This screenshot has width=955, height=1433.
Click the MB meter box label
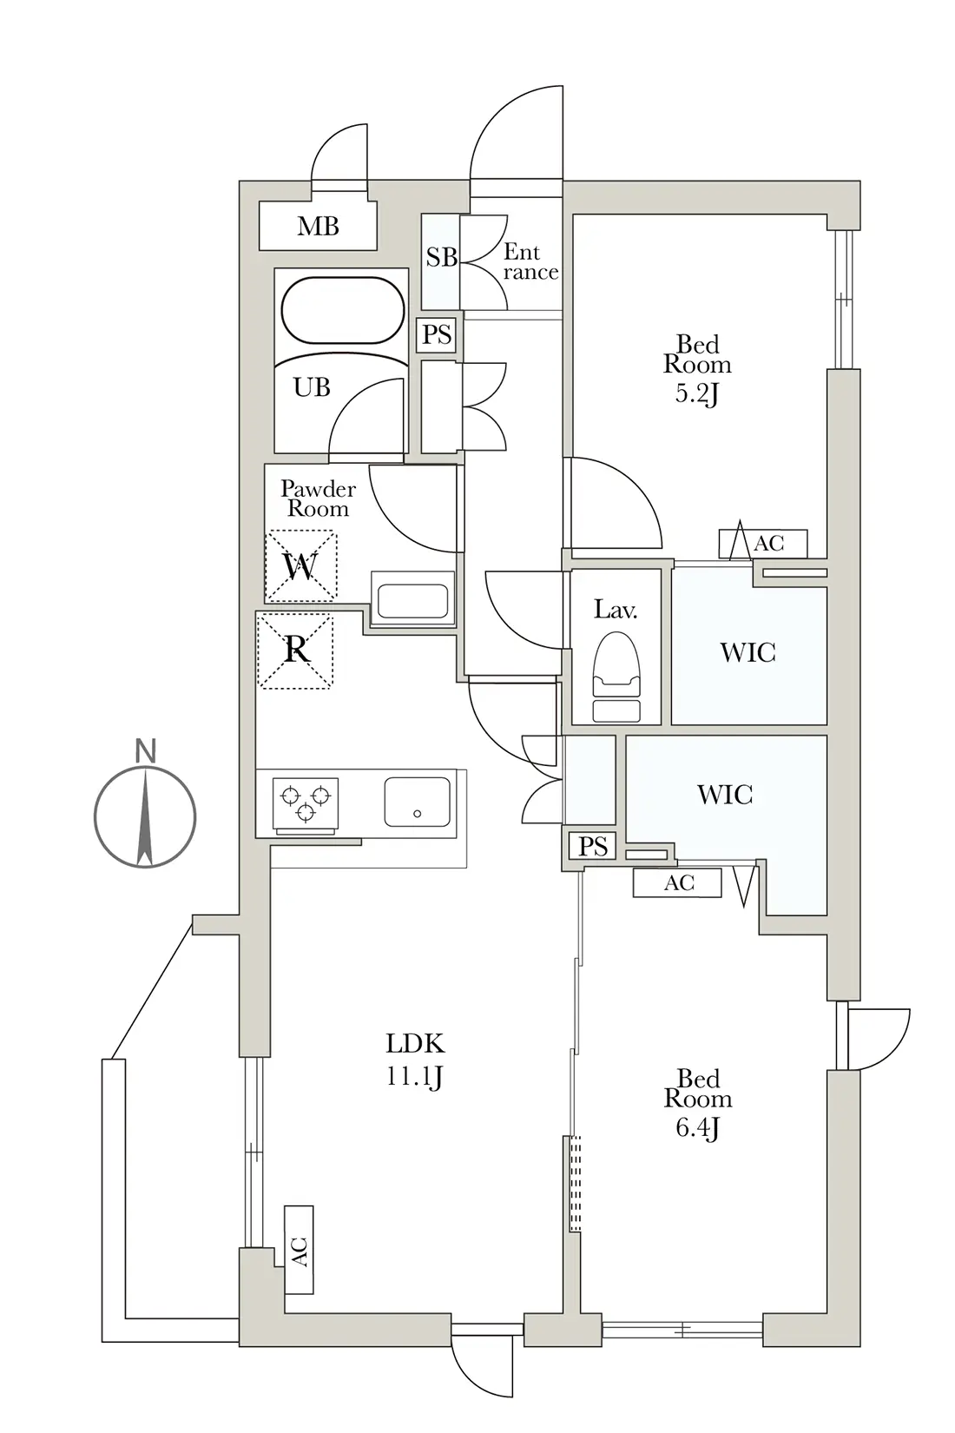(318, 226)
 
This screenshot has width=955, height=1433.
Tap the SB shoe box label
(441, 257)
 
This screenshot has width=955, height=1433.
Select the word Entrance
(530, 261)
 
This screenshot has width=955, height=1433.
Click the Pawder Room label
(318, 499)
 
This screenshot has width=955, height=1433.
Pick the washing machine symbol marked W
(300, 565)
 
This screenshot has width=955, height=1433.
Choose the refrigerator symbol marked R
(295, 650)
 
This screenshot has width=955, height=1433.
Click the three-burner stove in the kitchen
(305, 804)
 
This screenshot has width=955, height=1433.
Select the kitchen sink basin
(417, 802)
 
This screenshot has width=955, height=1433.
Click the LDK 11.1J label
(414, 1060)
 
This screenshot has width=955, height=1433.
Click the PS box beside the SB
(437, 334)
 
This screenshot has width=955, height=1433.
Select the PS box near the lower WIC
(592, 847)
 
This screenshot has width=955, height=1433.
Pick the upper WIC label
(748, 652)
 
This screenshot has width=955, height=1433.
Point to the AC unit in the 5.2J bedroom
(762, 543)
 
